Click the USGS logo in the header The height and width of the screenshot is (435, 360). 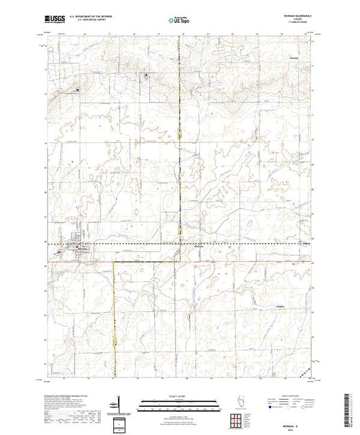55,19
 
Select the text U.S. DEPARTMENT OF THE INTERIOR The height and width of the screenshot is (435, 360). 94,17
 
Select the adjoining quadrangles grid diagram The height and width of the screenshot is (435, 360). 236,418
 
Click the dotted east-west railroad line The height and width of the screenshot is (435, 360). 207,244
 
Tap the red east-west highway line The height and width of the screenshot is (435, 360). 207,262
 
